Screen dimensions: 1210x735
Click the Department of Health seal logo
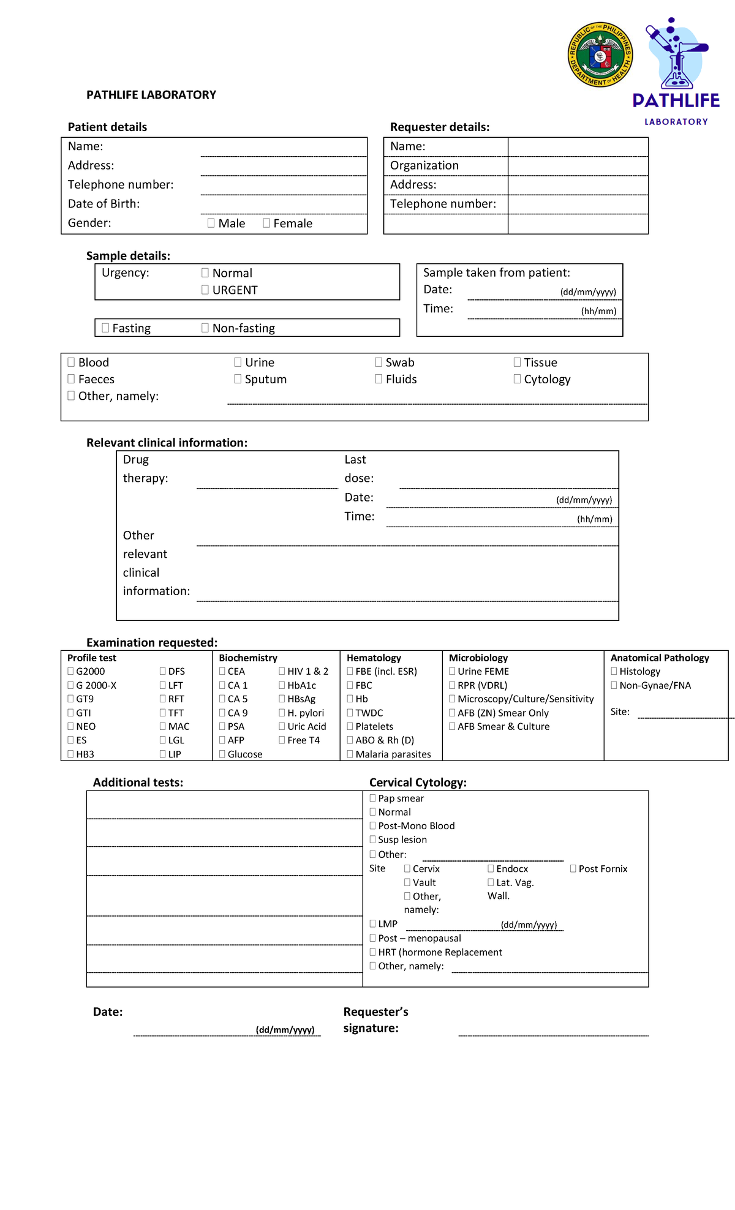(600, 54)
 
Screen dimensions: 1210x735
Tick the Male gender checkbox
(211, 224)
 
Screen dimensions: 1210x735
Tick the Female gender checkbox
(266, 224)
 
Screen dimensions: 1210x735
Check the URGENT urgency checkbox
(205, 290)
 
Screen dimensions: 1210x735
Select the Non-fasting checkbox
(205, 328)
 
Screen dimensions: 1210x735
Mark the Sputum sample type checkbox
(238, 379)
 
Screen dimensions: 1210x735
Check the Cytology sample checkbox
(517, 379)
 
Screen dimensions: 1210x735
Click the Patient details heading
(107, 127)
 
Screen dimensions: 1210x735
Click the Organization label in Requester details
(424, 165)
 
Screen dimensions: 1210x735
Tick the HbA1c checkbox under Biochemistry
(282, 685)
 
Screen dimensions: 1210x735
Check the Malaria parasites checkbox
(350, 754)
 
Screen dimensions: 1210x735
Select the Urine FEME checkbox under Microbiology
(452, 671)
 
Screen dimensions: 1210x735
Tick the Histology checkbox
(614, 671)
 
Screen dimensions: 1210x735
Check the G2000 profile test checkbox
(70, 671)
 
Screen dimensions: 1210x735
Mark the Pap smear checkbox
(372, 798)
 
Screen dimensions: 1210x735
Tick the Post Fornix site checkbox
(573, 868)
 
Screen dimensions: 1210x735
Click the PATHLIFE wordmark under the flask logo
(676, 100)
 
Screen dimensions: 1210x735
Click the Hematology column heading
(374, 658)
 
